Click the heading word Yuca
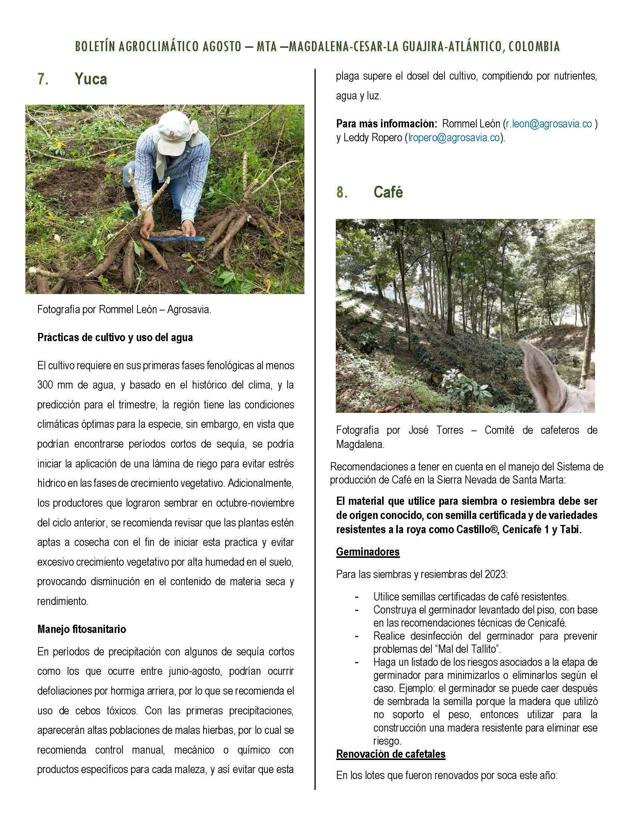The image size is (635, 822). tap(91, 79)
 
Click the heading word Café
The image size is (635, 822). tap(388, 192)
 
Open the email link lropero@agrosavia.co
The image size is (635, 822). tap(454, 138)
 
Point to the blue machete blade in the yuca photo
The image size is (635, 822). tap(177, 238)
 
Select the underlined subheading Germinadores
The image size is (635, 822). tap(368, 552)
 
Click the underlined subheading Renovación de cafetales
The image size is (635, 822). tap(390, 754)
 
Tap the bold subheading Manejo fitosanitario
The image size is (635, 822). tap(82, 629)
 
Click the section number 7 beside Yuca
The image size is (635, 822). tap(43, 79)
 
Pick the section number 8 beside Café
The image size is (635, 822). tap(341, 192)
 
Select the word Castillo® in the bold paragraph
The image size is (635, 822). tap(476, 529)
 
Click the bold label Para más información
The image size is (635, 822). tap(386, 124)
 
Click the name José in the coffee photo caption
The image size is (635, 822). tap(418, 430)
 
